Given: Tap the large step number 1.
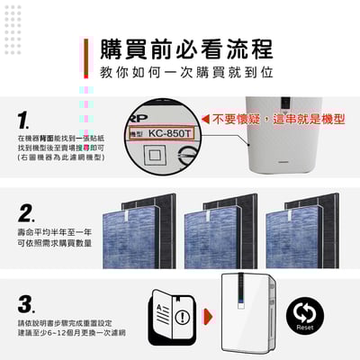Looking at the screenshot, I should click(x=24, y=120).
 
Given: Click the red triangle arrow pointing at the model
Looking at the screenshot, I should click(x=206, y=119).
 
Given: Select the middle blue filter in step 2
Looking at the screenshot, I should click(x=216, y=239).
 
